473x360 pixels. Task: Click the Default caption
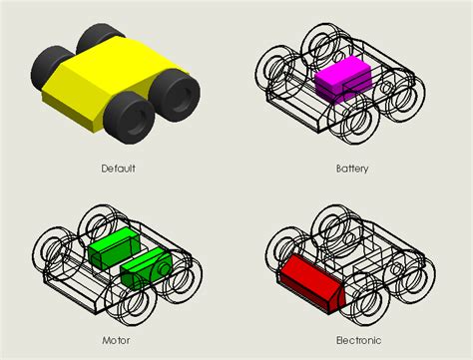119,169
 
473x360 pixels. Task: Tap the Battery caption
352,169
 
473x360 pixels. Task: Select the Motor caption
116,340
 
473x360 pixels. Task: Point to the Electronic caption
358,340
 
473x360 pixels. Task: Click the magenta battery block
342,80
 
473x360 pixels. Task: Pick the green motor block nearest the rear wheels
114,247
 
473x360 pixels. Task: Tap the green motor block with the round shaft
146,268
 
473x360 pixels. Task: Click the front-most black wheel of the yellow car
129,117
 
